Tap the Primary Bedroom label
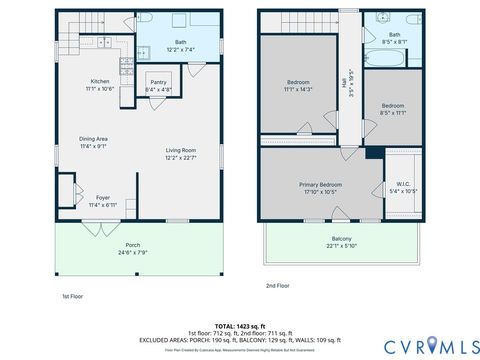pyautogui.click(x=322, y=185)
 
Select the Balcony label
pyautogui.click(x=341, y=239)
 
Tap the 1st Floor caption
pyautogui.click(x=73, y=296)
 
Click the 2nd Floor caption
pyautogui.click(x=277, y=286)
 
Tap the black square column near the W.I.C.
pyautogui.click(x=373, y=153)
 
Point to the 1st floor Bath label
pyautogui.click(x=180, y=43)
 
